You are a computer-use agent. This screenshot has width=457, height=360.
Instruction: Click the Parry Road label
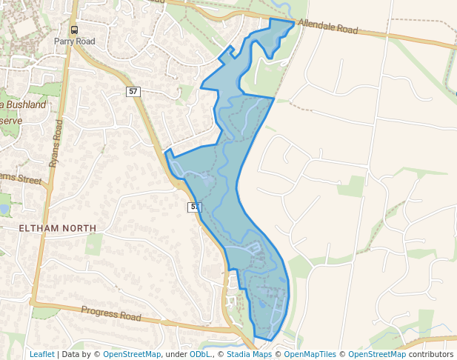point(75,41)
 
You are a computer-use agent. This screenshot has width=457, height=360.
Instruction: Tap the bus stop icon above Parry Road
point(74,30)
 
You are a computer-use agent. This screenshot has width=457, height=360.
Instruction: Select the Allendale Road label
point(327,28)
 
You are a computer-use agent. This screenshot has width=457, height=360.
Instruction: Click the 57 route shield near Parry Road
point(133,91)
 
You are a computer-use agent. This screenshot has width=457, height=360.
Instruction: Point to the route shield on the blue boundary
point(194,207)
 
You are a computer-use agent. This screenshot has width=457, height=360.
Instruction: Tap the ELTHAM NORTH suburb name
point(58,227)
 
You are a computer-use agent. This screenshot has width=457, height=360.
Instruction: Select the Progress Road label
point(111,314)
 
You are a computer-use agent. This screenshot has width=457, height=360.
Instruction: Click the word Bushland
point(27,105)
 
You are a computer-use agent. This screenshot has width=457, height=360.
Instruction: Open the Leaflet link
point(42,354)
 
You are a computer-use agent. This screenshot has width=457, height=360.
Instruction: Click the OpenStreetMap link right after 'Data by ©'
point(132,354)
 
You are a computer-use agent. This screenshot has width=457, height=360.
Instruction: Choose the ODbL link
point(200,354)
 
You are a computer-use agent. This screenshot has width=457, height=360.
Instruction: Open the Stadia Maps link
point(249,354)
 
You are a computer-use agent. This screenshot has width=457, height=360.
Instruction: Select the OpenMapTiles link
point(310,354)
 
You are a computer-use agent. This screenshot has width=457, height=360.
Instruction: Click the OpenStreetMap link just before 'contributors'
point(377,354)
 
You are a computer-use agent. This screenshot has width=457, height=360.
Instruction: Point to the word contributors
point(431,354)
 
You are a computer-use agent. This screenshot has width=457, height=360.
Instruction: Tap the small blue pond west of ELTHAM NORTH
point(4,209)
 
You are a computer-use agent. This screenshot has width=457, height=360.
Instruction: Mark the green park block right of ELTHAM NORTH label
point(94,244)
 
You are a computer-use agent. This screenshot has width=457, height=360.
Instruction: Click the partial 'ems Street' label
point(21,179)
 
